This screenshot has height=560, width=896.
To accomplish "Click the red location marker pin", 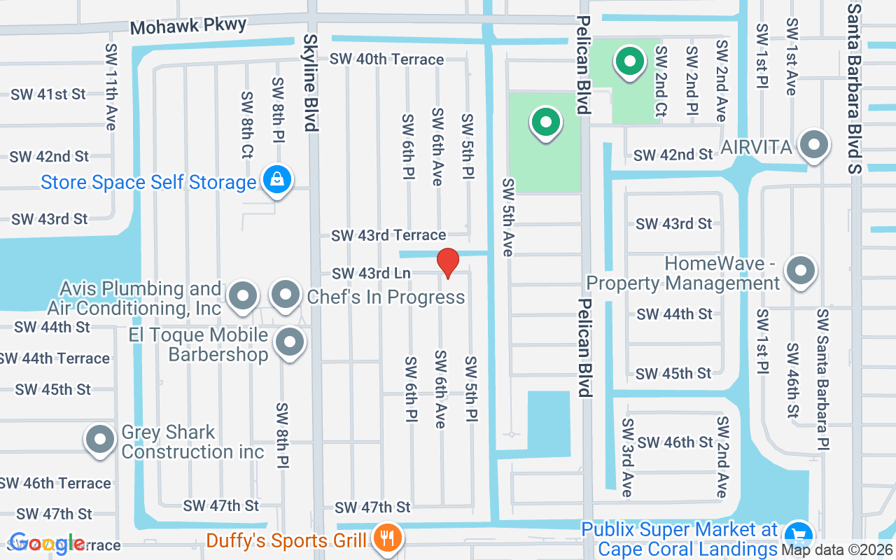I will click(x=448, y=262).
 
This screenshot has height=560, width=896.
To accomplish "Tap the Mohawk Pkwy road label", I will click(x=188, y=27).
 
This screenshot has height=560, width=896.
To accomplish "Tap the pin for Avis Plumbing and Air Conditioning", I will click(x=243, y=295).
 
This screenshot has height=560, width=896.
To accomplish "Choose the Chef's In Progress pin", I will click(x=285, y=295).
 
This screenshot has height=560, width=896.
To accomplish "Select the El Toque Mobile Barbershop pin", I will click(x=290, y=343).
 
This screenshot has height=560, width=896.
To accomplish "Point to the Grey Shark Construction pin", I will click(x=99, y=440).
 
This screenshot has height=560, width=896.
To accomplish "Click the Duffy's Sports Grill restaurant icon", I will click(x=384, y=538).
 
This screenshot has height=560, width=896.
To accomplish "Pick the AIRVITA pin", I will click(x=813, y=146).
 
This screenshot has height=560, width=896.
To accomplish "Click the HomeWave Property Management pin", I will click(x=801, y=270).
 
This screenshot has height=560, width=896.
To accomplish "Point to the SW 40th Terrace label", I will click(x=387, y=59).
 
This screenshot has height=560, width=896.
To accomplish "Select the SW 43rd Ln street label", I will click(x=371, y=273).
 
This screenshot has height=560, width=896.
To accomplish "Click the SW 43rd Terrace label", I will click(x=388, y=235).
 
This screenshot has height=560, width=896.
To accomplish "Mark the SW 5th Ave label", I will click(x=508, y=217).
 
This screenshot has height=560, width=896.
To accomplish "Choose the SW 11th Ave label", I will click(x=111, y=87).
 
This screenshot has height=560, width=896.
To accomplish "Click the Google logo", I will click(x=46, y=543).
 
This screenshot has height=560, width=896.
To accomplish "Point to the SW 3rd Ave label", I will click(x=627, y=458).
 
